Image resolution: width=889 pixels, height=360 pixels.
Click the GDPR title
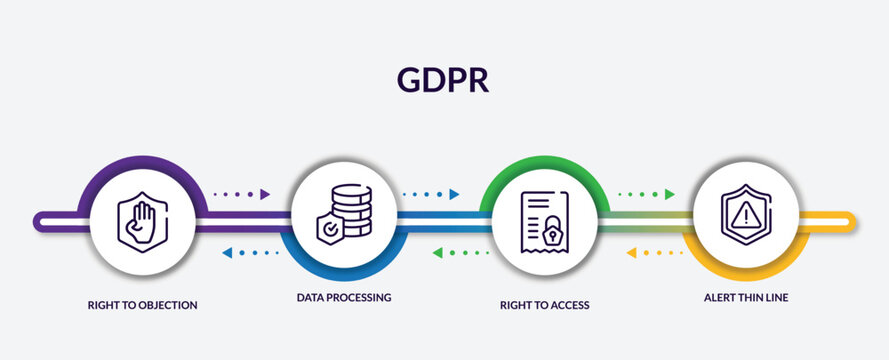(x=444, y=81)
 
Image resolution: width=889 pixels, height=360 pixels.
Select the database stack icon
(x=350, y=208)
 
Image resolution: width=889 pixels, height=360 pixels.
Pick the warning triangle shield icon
(x=745, y=214)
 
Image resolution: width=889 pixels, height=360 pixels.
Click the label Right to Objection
(x=143, y=304)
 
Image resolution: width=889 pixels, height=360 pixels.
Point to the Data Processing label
(x=343, y=297)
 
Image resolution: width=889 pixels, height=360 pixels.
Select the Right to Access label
(x=544, y=304)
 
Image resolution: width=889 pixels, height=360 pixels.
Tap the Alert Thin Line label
(x=745, y=297)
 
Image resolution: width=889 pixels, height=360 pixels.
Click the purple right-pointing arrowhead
(x=265, y=194)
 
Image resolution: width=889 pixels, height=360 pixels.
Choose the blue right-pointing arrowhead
(x=454, y=194)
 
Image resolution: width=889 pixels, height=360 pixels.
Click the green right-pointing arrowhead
(x=670, y=194)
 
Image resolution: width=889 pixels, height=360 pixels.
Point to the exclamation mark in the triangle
(x=745, y=215)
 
